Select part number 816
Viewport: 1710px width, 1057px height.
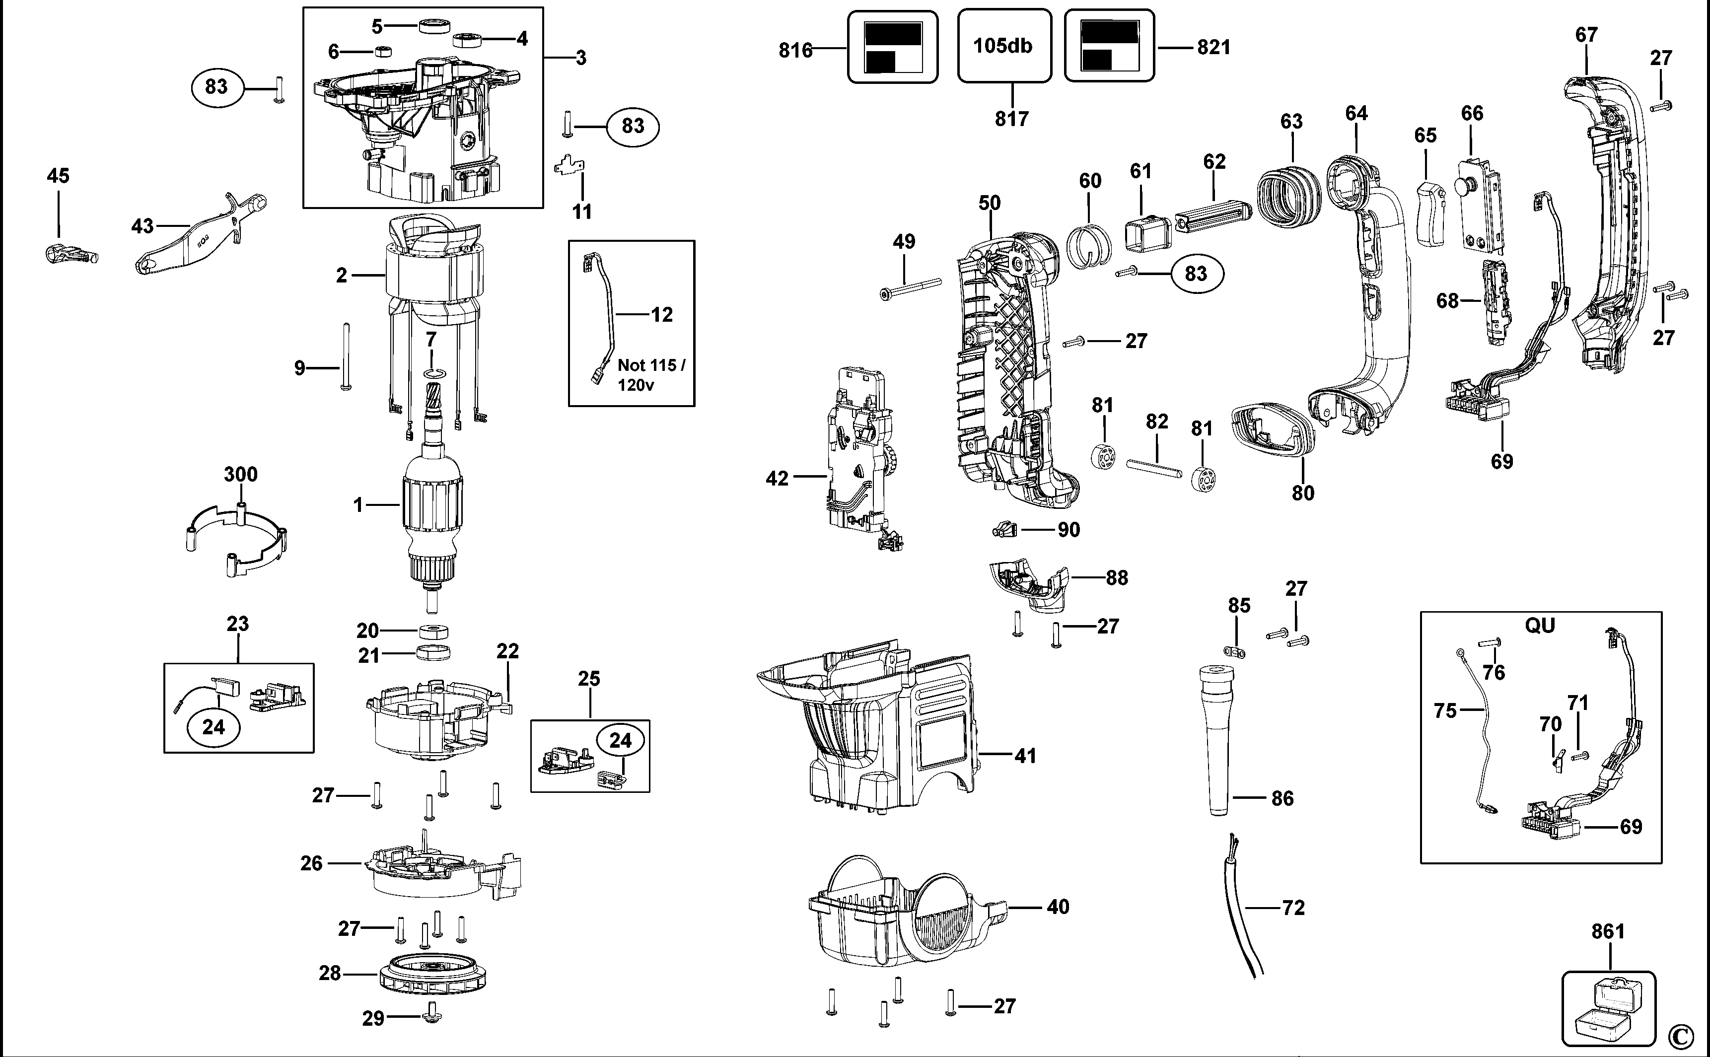795,50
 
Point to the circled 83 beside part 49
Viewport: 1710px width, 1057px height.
1196,274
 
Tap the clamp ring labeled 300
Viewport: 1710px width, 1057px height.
238,538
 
